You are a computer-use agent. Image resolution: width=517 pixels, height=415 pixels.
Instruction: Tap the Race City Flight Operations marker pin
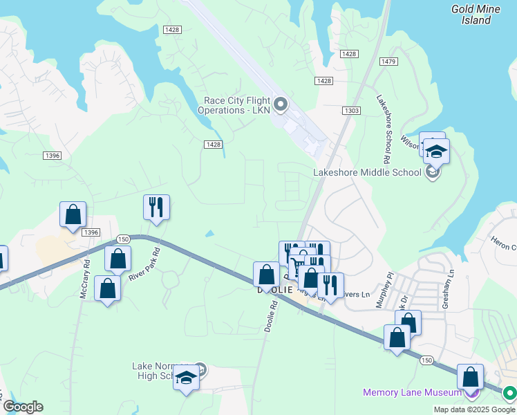[x=281, y=105]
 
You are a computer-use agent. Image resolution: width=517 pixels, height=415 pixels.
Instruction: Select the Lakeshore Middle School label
[x=367, y=172]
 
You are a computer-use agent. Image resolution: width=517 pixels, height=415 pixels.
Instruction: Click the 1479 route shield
[x=388, y=62]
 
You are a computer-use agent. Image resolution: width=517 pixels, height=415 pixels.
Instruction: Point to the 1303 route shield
[x=351, y=111]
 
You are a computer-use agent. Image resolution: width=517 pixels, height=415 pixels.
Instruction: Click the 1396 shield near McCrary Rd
[x=91, y=232]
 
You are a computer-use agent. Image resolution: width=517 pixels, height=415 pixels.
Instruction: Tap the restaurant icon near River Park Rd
[x=156, y=207]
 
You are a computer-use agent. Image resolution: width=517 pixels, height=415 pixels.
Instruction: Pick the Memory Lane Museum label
[x=413, y=393]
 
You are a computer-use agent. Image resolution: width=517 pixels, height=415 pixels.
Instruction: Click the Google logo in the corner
[x=22, y=407]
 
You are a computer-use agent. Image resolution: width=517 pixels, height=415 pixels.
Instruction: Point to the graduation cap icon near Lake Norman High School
[x=186, y=378]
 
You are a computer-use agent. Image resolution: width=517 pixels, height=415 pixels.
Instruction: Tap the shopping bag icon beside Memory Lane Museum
[x=470, y=378]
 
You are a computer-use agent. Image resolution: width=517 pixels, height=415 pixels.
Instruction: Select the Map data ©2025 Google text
[x=474, y=409]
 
